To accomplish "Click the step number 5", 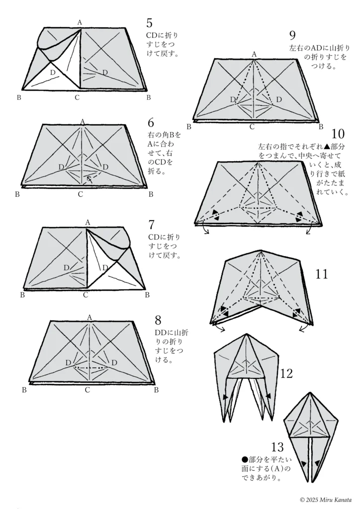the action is click(149, 23).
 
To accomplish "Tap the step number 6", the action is click(151, 123).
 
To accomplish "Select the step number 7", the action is click(151, 225).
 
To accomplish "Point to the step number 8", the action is click(158, 321).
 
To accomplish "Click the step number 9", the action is click(292, 35).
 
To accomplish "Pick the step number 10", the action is click(338, 134).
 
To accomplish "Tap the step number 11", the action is click(322, 274).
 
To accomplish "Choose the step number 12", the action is click(286, 374).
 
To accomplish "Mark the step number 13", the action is click(277, 447).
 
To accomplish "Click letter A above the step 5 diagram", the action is click(80, 22).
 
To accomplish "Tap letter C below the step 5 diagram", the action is click(77, 97).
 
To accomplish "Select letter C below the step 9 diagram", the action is click(252, 127).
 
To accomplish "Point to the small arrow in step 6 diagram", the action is click(90, 179).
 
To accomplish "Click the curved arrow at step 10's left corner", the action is click(205, 228).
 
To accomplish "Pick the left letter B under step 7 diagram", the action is click(22, 295).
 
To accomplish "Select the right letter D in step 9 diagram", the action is click(279, 99).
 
